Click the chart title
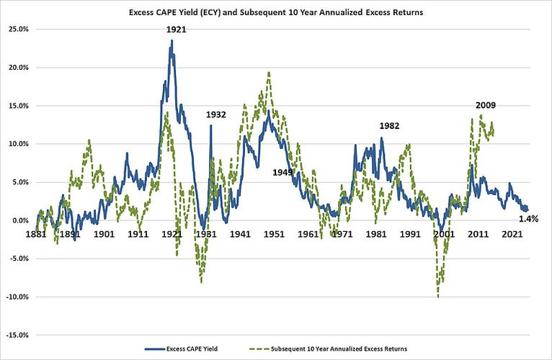tap(276, 12)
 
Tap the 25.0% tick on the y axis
tap(18, 30)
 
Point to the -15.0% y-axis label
tap(17, 335)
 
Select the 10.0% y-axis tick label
tap(18, 144)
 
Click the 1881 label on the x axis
tap(36, 234)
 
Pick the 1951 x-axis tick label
tap(275, 234)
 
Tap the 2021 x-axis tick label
tap(512, 234)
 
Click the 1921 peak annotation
tap(176, 30)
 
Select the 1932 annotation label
tap(215, 114)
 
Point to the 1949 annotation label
tap(282, 172)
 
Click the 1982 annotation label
tap(389, 126)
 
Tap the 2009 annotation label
tap(486, 105)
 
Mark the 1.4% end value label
tap(529, 219)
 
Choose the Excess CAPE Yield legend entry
tap(182, 348)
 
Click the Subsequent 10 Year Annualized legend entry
tap(328, 348)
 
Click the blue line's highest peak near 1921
tap(172, 40)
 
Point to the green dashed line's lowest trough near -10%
tap(438, 297)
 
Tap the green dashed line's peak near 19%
tap(269, 73)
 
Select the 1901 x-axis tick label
tap(104, 234)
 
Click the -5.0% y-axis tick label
tap(18, 258)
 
